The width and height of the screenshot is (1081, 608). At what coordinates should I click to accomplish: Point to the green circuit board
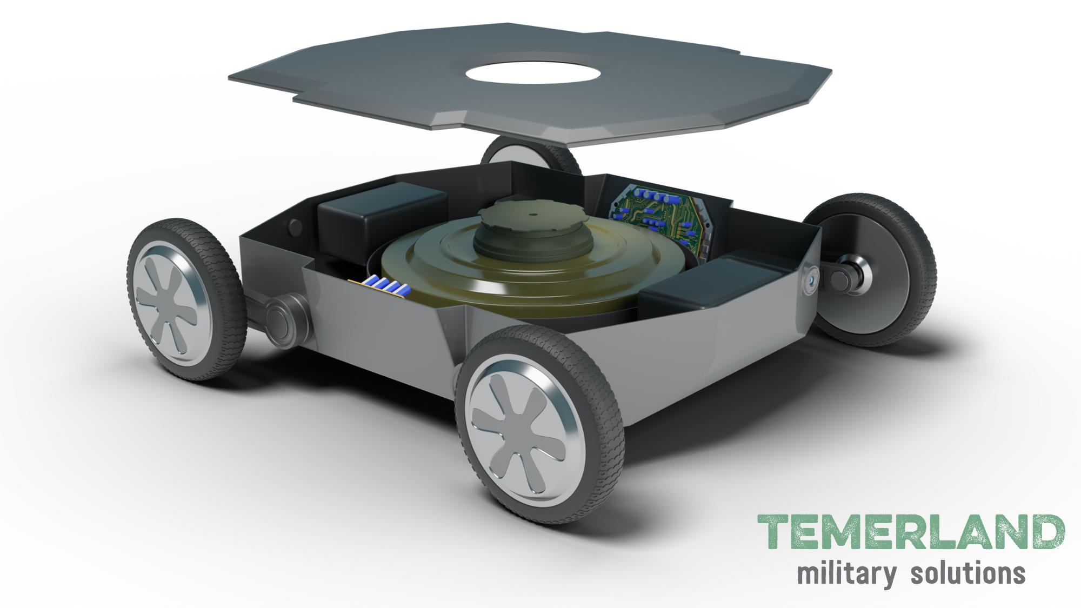[x=658, y=216]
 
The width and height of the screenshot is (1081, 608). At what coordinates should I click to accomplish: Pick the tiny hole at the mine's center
[x=532, y=213]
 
